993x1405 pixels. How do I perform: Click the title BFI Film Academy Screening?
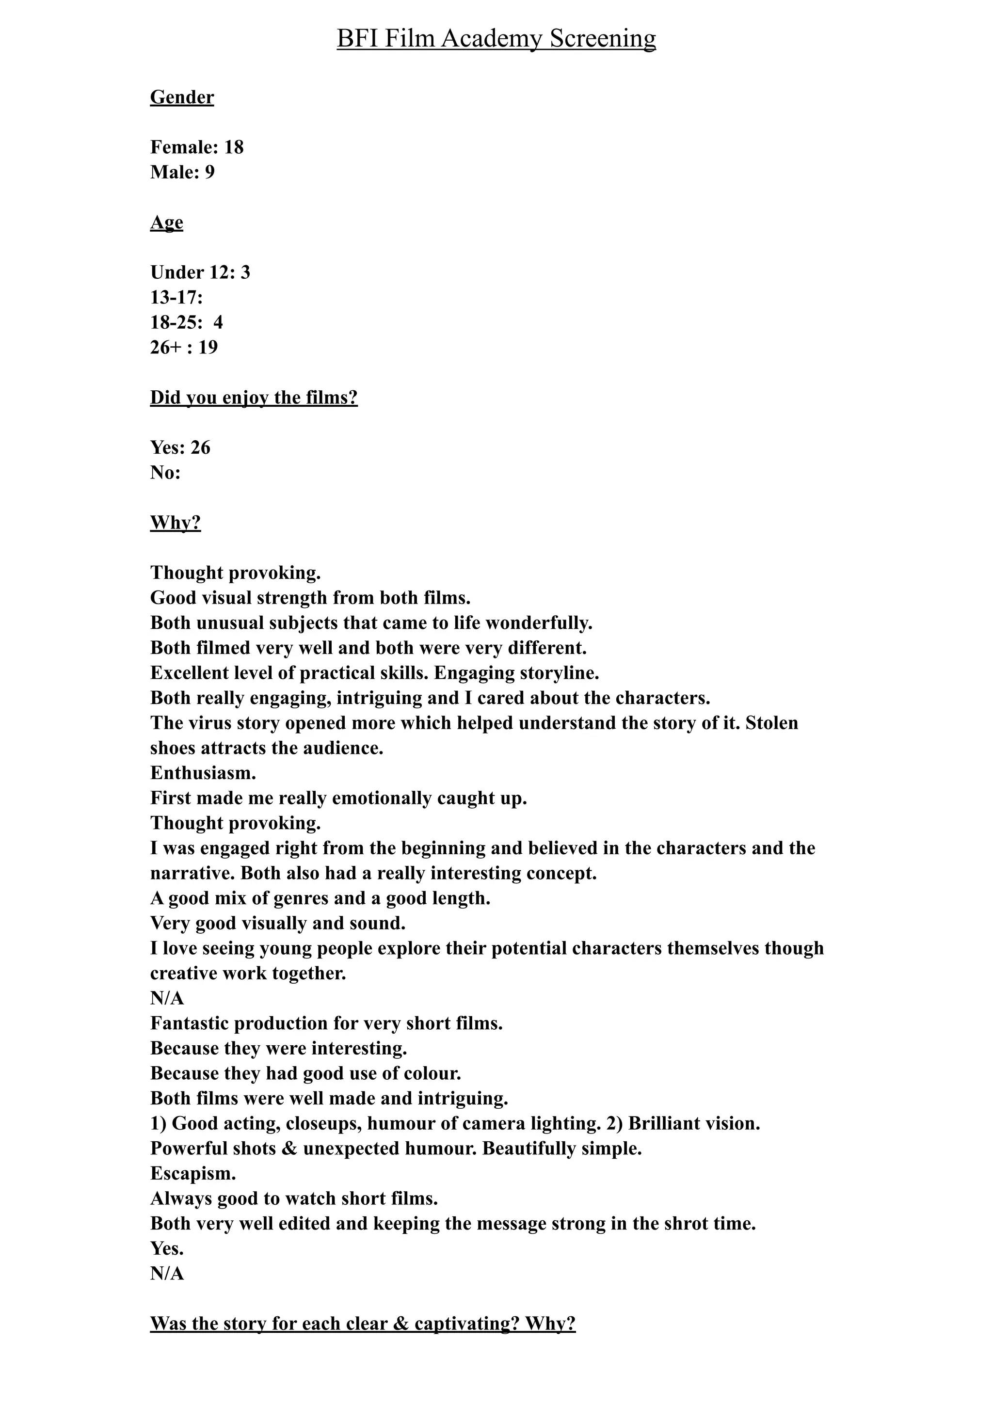click(496, 39)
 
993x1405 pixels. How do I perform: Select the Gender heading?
click(182, 97)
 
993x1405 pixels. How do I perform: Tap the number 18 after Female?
click(234, 147)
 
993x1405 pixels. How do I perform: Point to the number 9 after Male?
click(210, 173)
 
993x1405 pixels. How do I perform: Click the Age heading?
click(166, 223)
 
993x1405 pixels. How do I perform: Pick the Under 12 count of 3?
click(245, 272)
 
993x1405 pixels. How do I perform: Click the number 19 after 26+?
click(208, 348)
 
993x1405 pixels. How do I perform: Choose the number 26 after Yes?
click(200, 448)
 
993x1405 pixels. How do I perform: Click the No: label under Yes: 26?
click(165, 473)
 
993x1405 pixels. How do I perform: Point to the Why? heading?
click(176, 523)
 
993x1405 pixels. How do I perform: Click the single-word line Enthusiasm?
click(203, 773)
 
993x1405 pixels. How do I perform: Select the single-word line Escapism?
click(192, 1174)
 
